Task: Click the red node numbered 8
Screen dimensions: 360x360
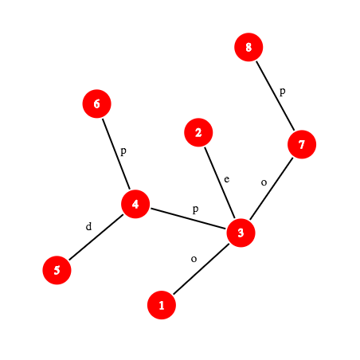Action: [x=248, y=47]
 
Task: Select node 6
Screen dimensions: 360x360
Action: [x=96, y=104]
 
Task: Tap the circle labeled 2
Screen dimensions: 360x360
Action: [x=198, y=132]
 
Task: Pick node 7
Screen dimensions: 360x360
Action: [x=302, y=144]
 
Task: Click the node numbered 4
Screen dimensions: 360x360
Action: [x=135, y=204]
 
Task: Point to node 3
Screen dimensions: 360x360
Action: [x=241, y=233]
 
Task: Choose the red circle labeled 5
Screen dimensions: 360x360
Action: [x=57, y=270]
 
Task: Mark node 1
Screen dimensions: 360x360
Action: [x=162, y=305]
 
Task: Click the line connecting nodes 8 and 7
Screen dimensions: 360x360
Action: [x=275, y=96]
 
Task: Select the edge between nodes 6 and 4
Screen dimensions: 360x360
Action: [x=116, y=154]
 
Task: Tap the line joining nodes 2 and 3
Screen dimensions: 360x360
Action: [x=220, y=182]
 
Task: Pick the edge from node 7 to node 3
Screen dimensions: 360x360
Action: [x=271, y=189]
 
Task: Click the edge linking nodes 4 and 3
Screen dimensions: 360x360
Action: [x=188, y=218]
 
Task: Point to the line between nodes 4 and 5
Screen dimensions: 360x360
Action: [x=96, y=237]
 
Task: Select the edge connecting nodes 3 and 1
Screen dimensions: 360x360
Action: [x=201, y=269]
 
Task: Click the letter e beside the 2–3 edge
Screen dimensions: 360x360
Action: [x=227, y=179]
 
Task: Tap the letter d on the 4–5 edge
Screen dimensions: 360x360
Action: [x=88, y=226]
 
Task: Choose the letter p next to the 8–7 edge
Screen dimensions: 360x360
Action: [x=283, y=92]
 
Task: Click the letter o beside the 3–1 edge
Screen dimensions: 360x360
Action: [x=194, y=259]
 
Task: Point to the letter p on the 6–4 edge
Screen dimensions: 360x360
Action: [x=123, y=151]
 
